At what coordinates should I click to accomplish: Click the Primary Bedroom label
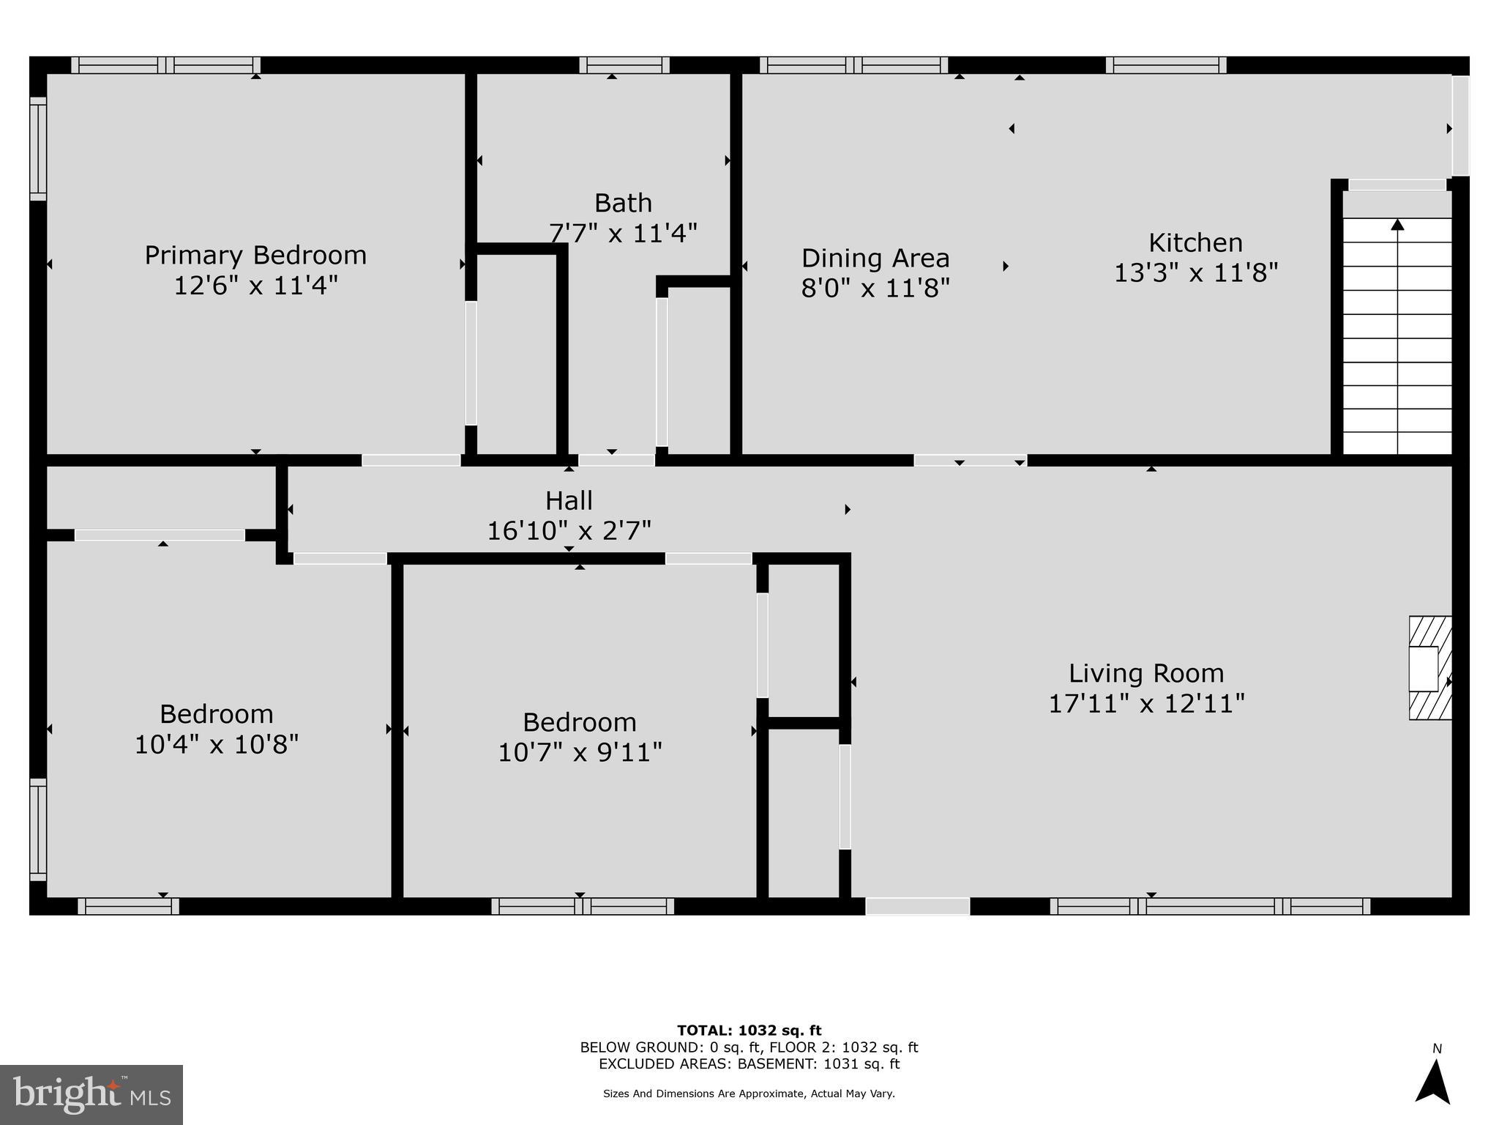pos(255,255)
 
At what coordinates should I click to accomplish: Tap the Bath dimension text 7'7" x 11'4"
pos(623,234)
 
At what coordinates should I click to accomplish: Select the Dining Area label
pos(875,258)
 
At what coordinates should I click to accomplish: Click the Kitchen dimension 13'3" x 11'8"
pos(1196,273)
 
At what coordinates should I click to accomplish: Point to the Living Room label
pos(1146,673)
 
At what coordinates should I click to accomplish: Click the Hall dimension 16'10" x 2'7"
pos(569,530)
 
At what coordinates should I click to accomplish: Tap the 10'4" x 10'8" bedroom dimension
pos(217,745)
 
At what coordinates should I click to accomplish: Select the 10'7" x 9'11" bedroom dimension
pos(580,752)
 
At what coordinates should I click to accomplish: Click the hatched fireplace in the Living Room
pos(1430,668)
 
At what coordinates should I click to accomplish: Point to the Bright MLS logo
pos(91,1094)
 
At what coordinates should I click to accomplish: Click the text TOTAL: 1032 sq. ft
pos(749,1031)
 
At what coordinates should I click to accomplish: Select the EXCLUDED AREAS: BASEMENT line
pos(749,1064)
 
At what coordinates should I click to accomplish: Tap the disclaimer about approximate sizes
pos(749,1094)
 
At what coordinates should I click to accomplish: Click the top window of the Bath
pos(624,65)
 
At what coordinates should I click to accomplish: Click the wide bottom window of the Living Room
pos(1210,906)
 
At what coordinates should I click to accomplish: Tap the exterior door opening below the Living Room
pos(918,906)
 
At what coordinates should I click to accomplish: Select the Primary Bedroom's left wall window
pos(38,149)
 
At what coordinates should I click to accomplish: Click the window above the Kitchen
pos(1166,65)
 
